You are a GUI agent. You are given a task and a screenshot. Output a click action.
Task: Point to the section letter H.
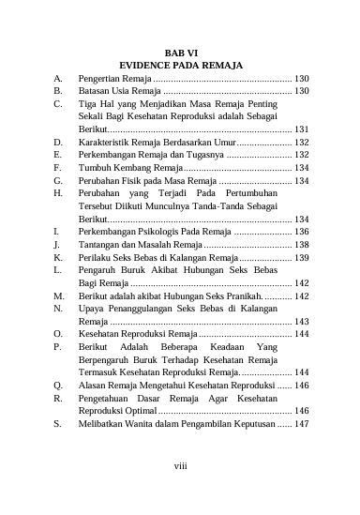(x=58, y=193)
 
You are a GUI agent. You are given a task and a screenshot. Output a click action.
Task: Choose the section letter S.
(x=58, y=424)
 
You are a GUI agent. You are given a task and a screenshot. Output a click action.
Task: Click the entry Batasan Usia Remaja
(x=121, y=92)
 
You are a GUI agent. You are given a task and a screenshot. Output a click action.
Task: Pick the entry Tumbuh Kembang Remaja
(x=124, y=167)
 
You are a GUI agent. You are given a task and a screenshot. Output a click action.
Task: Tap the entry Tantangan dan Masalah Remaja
(x=138, y=243)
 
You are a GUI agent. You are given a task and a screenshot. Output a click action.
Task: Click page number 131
(x=302, y=129)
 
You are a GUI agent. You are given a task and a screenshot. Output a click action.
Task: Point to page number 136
(x=302, y=230)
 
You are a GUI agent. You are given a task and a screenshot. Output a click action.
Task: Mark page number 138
(x=302, y=243)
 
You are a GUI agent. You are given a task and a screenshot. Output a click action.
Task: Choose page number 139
(x=302, y=256)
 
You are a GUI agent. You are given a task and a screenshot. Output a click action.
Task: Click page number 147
(x=302, y=424)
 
